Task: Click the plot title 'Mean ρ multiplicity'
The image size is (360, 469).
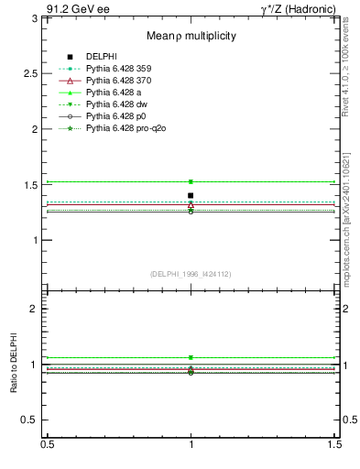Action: (x=190, y=36)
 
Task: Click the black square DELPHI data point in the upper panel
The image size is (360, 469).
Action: (x=191, y=195)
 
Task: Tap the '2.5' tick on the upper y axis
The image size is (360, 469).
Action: (x=32, y=73)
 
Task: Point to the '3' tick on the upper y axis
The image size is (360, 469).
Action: (x=37, y=18)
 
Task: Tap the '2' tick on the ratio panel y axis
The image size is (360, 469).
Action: (x=37, y=309)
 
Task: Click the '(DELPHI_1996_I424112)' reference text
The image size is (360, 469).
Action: (x=190, y=273)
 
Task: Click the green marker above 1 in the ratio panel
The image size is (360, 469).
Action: (x=191, y=357)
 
